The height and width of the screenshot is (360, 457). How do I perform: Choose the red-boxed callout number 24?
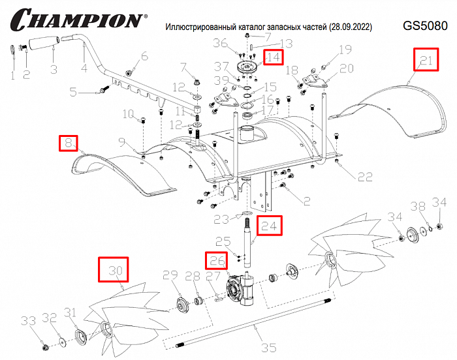pos(270,225)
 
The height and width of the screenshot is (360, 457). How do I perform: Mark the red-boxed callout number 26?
pos(217,260)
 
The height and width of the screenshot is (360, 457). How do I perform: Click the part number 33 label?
pos(27,321)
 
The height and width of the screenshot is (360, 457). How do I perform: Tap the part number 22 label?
pos(365,177)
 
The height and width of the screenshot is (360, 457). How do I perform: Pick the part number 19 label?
pos(345,50)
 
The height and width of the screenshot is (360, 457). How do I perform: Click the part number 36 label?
pos(221,44)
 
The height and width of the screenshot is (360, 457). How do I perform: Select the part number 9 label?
pos(121,142)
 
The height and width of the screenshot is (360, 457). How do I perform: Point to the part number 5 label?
pos(73,91)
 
